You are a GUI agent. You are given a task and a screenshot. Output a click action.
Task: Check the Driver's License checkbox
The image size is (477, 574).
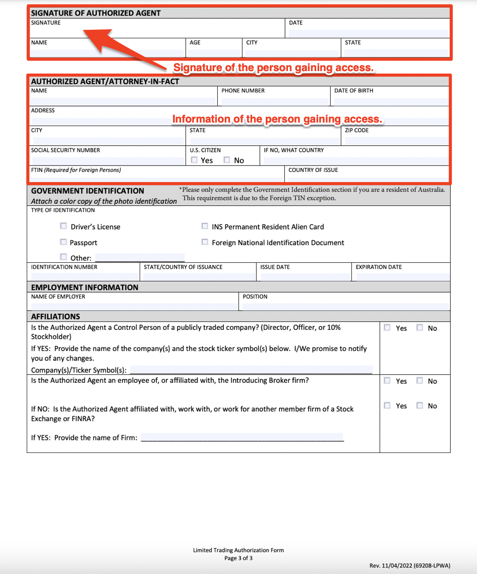(64, 226)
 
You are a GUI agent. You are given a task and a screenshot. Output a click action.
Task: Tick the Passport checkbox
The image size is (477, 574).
(64, 242)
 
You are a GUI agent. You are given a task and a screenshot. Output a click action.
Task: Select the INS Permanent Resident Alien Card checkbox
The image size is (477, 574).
(205, 226)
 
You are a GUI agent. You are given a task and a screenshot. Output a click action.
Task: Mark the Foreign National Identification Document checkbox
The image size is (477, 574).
(205, 242)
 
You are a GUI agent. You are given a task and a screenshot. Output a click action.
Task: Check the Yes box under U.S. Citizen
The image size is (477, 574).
(195, 160)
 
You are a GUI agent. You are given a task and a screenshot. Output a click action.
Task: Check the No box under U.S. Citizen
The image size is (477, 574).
(227, 160)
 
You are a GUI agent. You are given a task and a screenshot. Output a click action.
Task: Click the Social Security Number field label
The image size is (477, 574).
(66, 150)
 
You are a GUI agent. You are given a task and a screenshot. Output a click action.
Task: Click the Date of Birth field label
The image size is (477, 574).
(353, 91)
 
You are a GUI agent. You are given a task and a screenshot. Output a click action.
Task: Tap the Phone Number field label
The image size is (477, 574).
(243, 91)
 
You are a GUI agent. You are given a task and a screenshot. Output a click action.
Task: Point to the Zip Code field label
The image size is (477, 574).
(356, 130)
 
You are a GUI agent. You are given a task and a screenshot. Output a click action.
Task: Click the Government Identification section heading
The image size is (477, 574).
(87, 191)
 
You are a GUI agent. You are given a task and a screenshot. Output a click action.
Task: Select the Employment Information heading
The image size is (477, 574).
(84, 288)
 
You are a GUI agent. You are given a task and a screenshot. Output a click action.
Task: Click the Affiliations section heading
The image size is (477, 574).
(55, 317)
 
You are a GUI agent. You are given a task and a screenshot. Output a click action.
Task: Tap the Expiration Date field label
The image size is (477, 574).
(379, 267)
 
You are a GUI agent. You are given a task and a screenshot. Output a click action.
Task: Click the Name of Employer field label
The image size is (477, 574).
(58, 297)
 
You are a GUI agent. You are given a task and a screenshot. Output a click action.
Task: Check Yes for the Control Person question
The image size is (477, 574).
(387, 327)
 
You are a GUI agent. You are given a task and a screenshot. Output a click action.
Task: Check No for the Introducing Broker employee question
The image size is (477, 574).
(420, 381)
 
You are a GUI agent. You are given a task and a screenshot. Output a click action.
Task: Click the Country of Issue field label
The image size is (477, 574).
(313, 170)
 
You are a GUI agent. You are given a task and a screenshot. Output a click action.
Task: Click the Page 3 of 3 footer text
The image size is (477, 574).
(239, 558)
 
